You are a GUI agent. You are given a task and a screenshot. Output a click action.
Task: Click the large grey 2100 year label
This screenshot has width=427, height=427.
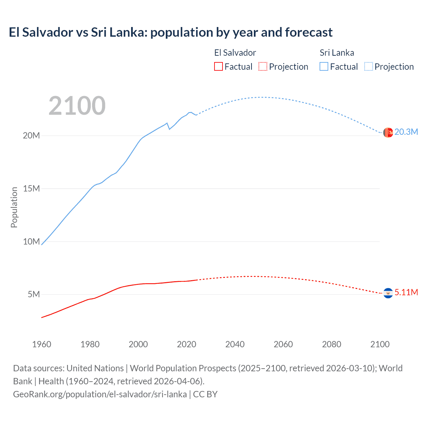pos(77,106)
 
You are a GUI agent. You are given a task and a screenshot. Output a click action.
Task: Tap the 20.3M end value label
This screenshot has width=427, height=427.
pos(406,132)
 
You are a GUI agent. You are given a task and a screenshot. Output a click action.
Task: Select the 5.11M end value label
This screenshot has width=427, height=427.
pos(406,292)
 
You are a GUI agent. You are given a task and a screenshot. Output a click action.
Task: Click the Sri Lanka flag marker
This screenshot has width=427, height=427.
pos(388,132)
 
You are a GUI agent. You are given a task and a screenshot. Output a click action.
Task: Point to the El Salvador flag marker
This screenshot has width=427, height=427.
pos(388,293)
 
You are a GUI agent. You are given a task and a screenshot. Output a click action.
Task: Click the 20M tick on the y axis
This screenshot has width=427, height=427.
pos(31,135)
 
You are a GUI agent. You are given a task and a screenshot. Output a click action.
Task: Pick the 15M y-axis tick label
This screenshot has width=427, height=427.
pos(31,188)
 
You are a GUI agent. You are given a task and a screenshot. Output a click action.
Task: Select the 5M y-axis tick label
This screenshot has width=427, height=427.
pos(34,294)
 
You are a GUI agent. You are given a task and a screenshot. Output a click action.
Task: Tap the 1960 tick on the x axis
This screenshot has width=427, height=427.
pos(42,344)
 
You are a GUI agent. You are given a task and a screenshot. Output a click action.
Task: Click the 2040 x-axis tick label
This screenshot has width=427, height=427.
pos(235,344)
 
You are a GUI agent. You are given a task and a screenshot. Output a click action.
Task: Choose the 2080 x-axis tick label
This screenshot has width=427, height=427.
pos(332,344)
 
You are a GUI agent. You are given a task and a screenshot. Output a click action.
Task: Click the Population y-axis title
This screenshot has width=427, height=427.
pos(14,207)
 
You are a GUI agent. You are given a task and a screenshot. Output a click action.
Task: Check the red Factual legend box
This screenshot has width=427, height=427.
pos(218,66)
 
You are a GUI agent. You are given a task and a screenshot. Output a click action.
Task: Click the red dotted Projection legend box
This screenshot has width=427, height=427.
pos(263,66)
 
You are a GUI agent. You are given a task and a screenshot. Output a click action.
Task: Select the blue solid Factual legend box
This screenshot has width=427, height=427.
pos(324,66)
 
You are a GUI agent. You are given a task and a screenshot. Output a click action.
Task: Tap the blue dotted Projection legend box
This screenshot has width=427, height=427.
pos(368,66)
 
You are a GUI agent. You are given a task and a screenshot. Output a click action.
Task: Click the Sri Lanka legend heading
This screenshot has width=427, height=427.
pos(337,53)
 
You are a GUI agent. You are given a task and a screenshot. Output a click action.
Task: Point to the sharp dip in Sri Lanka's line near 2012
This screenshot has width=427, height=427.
pos(169,129)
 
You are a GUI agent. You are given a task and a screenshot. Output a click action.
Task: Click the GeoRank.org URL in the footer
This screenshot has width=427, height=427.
pos(100,394)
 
